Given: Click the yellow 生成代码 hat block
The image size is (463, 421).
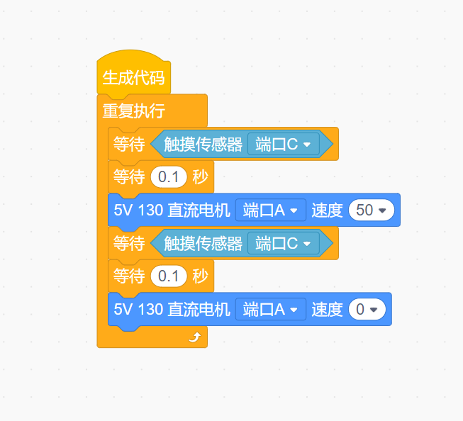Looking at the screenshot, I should click(x=133, y=77).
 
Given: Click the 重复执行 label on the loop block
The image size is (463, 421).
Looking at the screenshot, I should click(x=134, y=111).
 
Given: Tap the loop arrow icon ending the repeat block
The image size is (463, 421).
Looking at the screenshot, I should click(x=194, y=337).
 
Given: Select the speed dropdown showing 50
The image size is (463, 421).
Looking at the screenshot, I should click(x=371, y=211).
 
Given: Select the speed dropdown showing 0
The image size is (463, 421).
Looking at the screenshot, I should click(x=367, y=310).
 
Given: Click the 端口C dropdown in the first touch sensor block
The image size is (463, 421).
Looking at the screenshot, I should click(x=284, y=145).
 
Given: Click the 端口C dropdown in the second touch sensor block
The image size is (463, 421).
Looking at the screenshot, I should click(x=284, y=244).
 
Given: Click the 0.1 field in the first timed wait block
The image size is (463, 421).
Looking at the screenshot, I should click(x=169, y=177).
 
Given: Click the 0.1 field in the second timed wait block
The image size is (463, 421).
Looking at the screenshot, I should click(x=169, y=276).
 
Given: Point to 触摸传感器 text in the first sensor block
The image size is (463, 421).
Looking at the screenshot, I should click(x=203, y=145).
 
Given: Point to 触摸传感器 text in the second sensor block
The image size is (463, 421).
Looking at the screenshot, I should click(x=203, y=244).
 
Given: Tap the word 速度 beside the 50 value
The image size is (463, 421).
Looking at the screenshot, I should click(x=327, y=211).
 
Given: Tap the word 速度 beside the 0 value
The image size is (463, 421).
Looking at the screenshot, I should click(x=327, y=310).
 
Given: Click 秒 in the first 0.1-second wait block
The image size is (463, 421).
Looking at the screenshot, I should click(x=200, y=177).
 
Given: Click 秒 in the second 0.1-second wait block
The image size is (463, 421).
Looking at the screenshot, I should click(x=200, y=276).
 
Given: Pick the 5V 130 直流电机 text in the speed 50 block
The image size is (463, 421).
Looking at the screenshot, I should click(x=172, y=211).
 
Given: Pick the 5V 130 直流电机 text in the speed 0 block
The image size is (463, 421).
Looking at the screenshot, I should click(x=172, y=310).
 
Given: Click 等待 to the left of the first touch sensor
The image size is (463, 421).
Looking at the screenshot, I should click(x=129, y=145).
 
